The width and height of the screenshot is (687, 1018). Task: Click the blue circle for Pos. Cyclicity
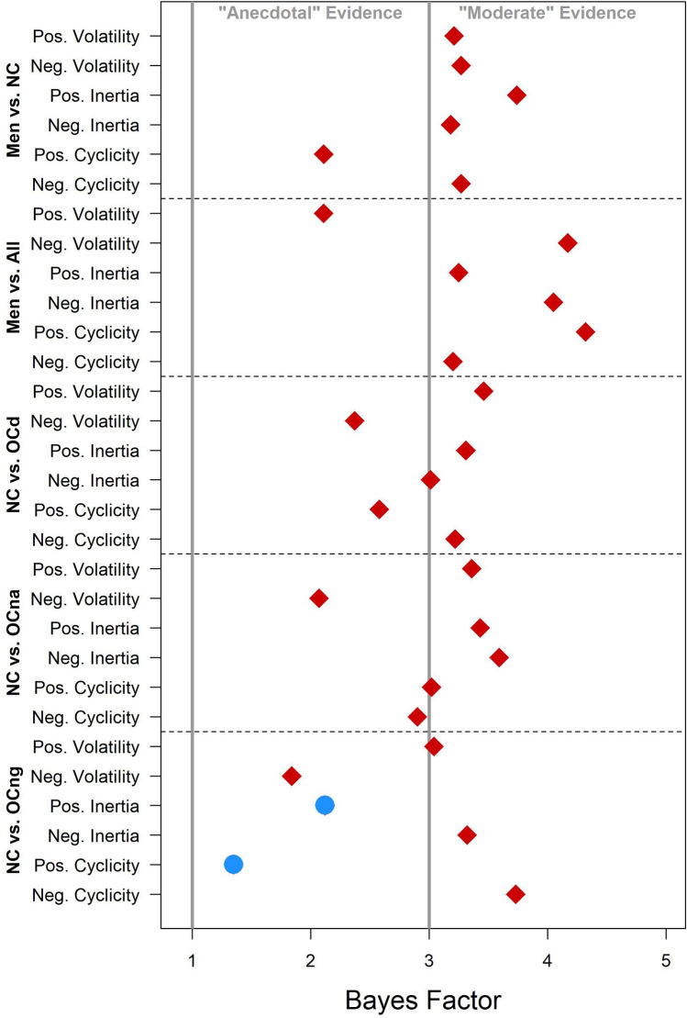click(x=233, y=864)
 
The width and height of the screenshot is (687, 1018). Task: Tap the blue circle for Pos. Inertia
click(x=325, y=805)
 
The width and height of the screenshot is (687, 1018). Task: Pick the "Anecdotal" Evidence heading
click(x=310, y=14)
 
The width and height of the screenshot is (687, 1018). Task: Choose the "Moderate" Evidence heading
click(x=548, y=14)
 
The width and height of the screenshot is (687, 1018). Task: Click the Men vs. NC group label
click(x=14, y=109)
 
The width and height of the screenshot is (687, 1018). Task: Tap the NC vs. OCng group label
click(x=14, y=821)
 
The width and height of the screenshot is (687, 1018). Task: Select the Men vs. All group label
click(x=14, y=287)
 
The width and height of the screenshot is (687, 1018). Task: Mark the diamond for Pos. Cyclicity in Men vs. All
click(x=585, y=331)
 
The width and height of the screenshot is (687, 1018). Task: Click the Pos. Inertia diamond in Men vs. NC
click(x=517, y=95)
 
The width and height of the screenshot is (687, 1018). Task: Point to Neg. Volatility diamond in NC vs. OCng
click(x=292, y=776)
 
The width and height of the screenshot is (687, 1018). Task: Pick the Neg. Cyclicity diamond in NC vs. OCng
click(x=515, y=894)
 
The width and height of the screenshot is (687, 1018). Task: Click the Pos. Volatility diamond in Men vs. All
click(x=323, y=213)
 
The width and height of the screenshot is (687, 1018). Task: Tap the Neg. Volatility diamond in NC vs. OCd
click(x=354, y=420)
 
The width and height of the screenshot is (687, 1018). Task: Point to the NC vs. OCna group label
click(x=14, y=643)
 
